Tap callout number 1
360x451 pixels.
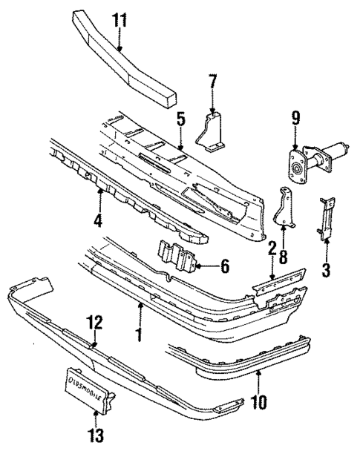coord(139,334)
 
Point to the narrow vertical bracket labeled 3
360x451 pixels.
coord(326,219)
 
